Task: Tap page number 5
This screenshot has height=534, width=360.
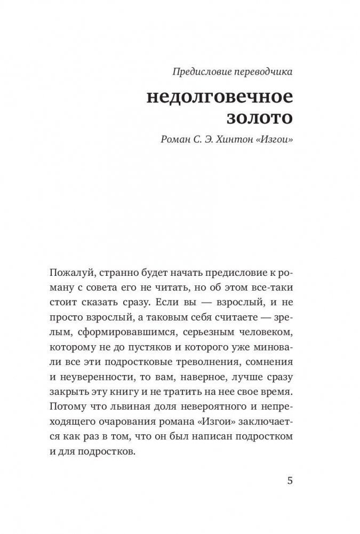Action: tap(290, 480)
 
